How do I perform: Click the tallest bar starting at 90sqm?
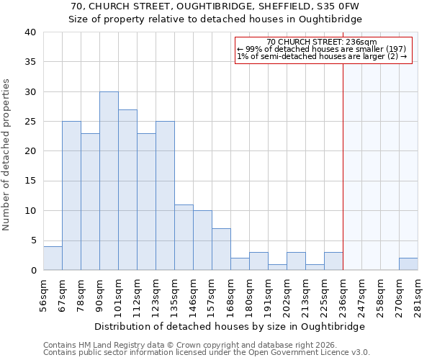tap(109, 181)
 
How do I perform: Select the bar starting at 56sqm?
tap(53, 258)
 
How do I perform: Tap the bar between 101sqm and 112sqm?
tap(127, 189)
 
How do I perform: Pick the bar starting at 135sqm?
tap(184, 238)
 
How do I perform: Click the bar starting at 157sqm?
tap(221, 249)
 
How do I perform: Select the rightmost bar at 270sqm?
tap(408, 264)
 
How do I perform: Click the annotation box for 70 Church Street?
tap(323, 50)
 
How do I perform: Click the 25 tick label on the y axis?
tap(30, 122)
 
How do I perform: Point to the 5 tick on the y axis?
tap(33, 240)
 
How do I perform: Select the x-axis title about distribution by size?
tap(229, 326)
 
